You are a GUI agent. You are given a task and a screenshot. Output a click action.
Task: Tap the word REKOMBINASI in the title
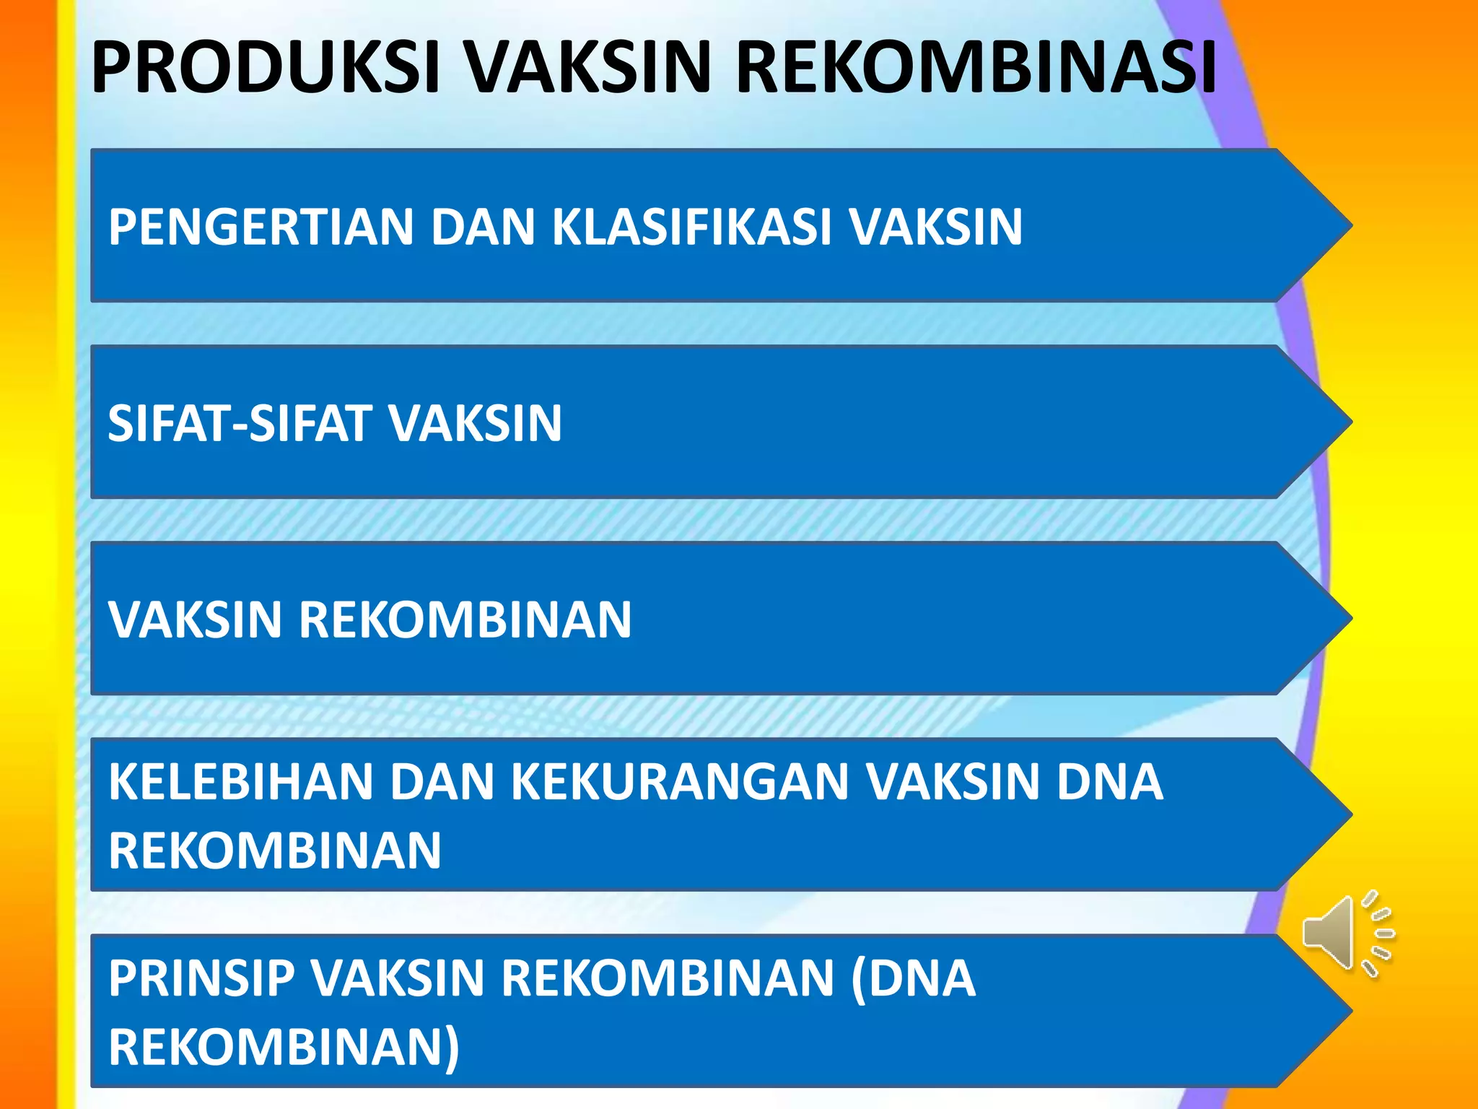976,68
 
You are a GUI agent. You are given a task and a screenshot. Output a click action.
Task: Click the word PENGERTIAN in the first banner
261,227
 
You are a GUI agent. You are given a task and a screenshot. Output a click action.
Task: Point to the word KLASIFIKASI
692,227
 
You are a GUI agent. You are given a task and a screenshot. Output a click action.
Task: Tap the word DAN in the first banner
483,227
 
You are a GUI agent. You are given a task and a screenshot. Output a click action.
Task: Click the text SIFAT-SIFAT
238,423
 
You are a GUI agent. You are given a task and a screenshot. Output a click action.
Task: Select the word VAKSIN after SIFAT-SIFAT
476,423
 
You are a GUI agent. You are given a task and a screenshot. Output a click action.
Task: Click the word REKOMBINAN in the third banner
465,619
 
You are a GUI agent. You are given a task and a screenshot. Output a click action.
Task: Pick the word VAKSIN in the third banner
195,619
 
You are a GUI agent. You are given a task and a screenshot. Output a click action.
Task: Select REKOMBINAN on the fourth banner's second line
275,851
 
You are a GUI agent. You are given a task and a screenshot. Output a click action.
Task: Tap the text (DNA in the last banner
913,978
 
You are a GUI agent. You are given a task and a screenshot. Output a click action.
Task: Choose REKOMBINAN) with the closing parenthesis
284,1047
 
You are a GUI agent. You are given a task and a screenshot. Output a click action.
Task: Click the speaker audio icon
1346,934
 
